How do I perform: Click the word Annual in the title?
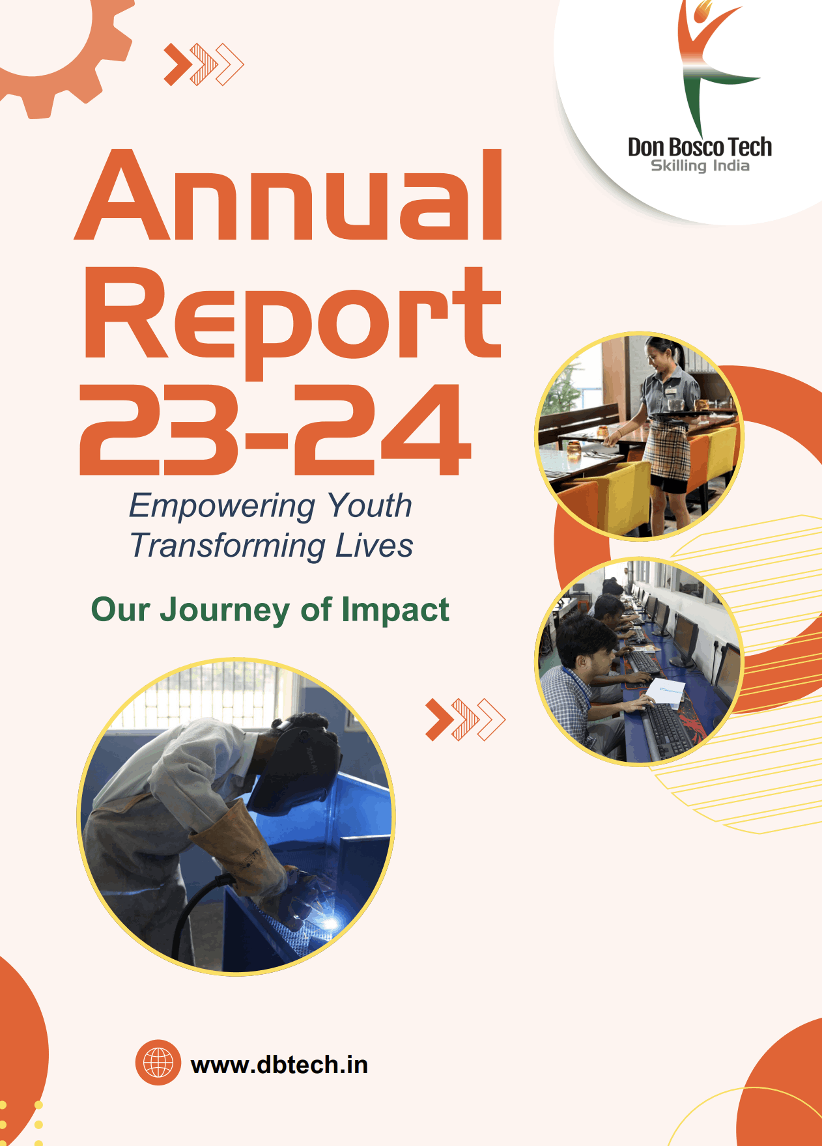coord(289,195)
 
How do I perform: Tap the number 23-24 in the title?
coord(275,429)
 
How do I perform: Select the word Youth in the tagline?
coord(369,505)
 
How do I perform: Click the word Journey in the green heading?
coord(225,611)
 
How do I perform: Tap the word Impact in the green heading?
coord(395,611)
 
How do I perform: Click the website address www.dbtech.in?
coord(279,1065)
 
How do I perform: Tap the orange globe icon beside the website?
coord(158,1063)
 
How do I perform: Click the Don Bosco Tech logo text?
coord(700,147)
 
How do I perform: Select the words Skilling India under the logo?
coord(700,166)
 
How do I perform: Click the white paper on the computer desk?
coord(665,692)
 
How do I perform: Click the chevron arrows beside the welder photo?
coord(465,720)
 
